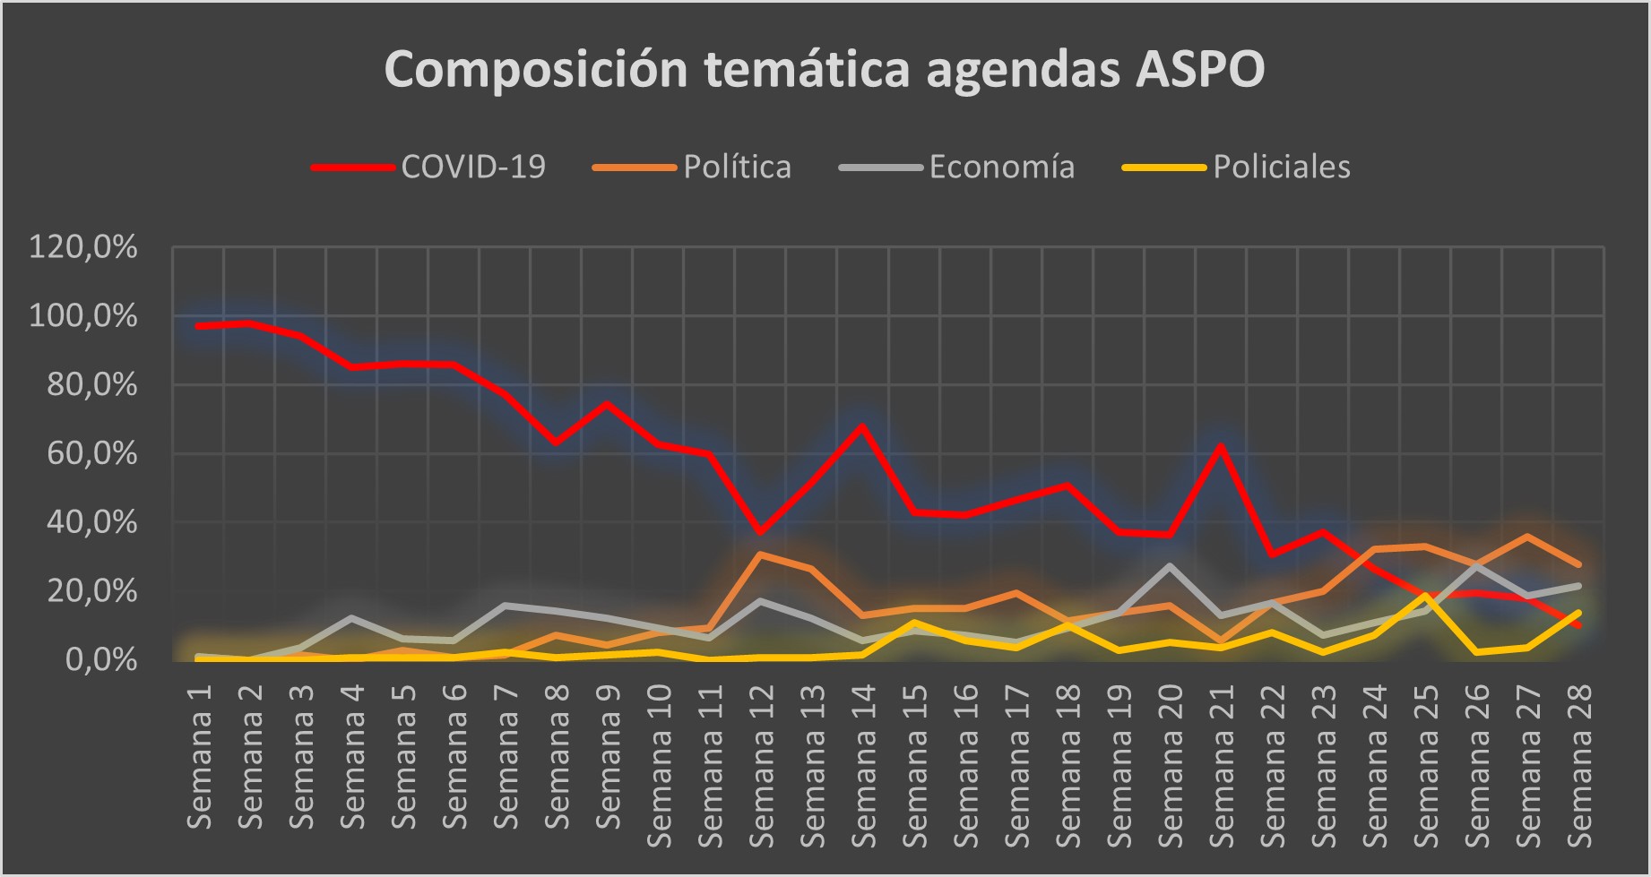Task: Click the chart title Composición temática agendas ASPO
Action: (824, 69)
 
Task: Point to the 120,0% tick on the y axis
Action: (83, 247)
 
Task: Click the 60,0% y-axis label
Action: (83, 454)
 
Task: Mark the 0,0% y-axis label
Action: (100, 660)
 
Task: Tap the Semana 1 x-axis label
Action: (199, 757)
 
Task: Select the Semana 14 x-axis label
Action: (863, 766)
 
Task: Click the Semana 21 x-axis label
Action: (1221, 766)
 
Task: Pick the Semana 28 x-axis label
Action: (1578, 766)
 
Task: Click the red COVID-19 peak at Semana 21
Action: (1220, 445)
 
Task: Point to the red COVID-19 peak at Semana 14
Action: (862, 426)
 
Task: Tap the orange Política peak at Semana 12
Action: (760, 554)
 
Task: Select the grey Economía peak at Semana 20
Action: (1169, 565)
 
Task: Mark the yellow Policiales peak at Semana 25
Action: (1424, 595)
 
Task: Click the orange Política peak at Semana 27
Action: (1526, 536)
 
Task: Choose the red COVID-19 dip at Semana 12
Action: (760, 533)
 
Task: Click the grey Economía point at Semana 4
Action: (351, 618)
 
